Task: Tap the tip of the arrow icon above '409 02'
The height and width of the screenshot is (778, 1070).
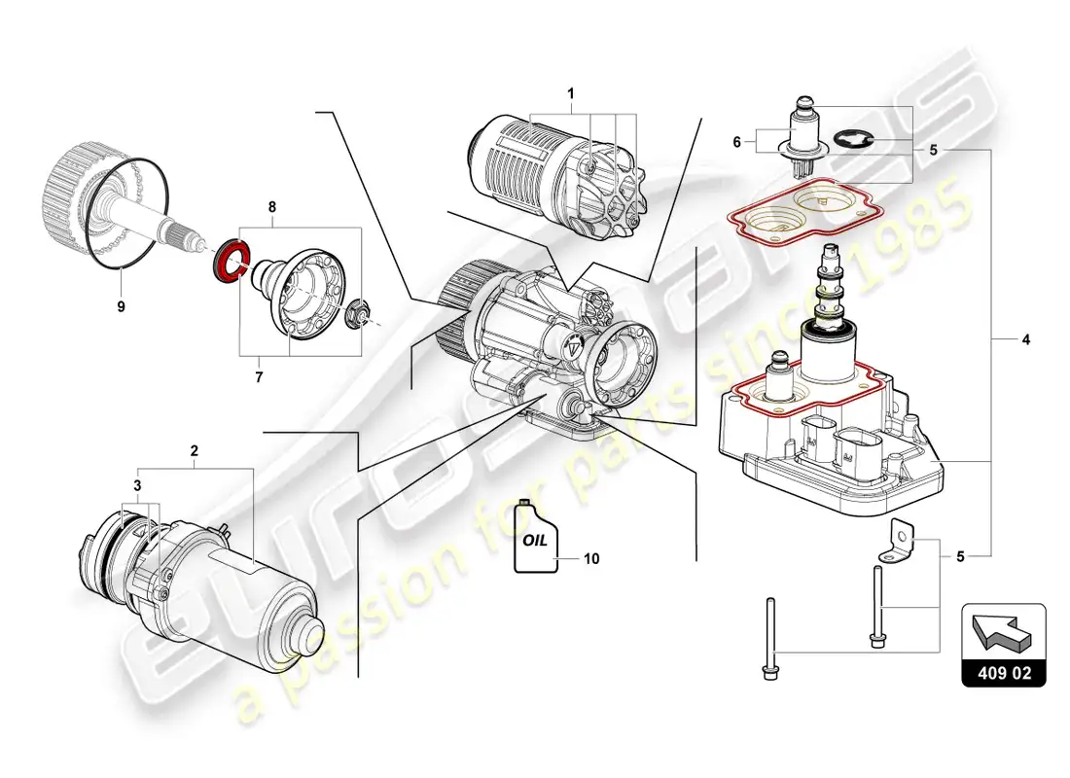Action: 973,617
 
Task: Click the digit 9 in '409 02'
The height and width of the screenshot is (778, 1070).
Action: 1003,673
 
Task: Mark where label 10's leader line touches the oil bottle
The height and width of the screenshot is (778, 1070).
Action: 555,558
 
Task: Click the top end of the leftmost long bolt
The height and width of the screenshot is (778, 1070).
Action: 769,599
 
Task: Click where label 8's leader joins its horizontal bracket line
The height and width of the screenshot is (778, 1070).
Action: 272,228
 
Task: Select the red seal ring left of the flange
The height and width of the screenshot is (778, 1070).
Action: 230,260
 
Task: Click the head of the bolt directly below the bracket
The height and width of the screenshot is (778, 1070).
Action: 875,640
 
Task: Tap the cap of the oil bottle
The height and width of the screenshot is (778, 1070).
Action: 524,503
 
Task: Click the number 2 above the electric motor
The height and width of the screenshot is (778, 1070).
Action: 195,450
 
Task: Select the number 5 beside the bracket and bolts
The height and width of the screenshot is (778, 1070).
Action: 960,557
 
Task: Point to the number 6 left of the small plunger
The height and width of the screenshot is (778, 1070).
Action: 737,142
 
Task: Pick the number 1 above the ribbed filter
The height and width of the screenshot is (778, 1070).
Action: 570,93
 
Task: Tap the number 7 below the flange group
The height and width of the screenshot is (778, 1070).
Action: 259,376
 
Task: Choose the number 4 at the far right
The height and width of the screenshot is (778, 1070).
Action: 1025,339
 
